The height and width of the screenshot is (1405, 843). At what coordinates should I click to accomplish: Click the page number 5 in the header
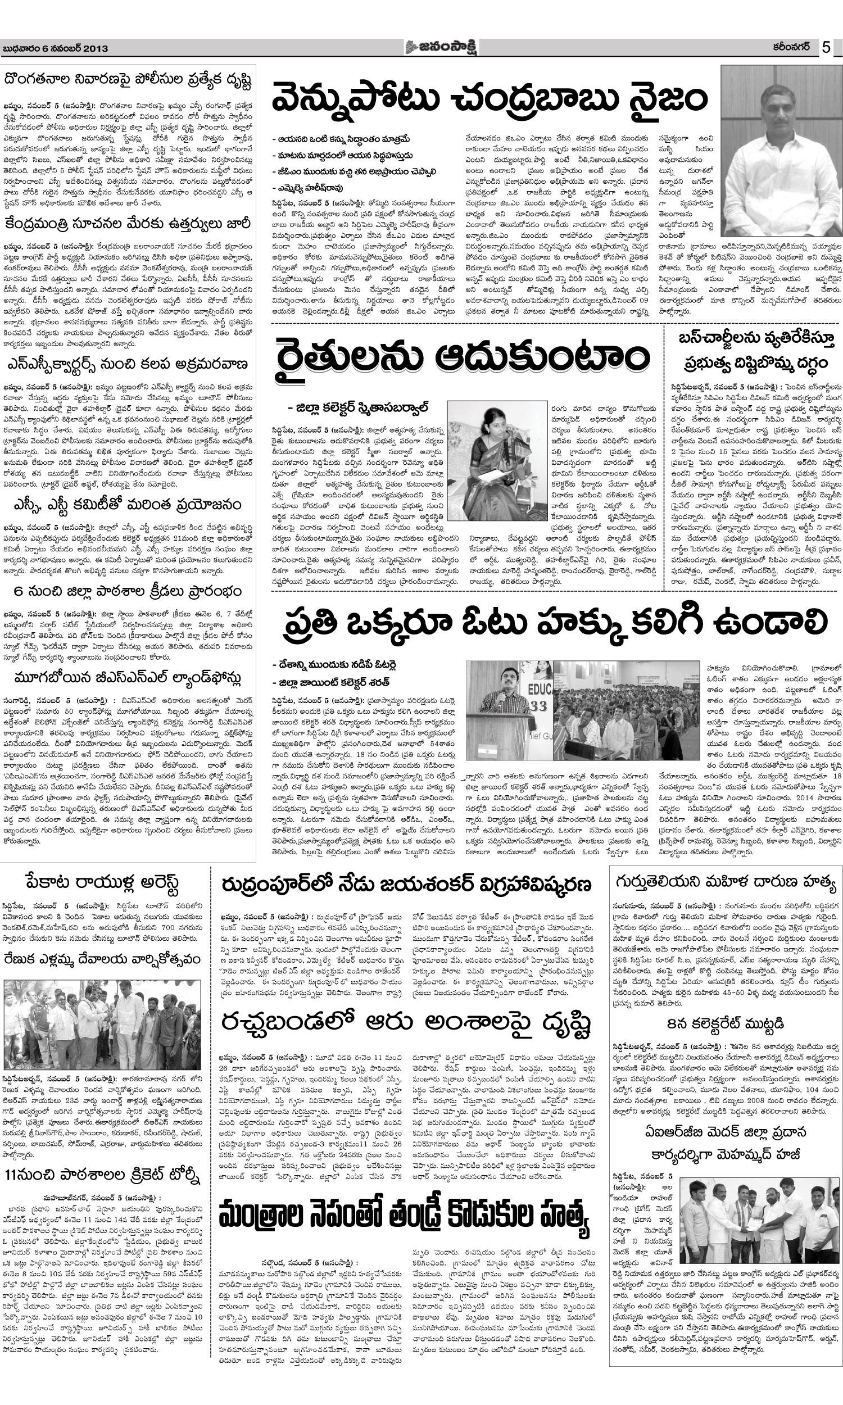point(826,48)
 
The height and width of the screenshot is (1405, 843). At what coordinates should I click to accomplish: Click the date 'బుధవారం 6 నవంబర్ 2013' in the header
point(55,49)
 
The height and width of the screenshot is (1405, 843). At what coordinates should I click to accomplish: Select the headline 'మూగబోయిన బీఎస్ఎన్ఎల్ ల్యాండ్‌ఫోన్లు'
point(128,679)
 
